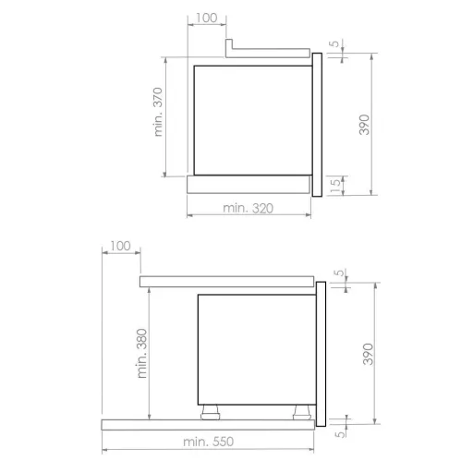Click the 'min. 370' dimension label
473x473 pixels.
pos(158,112)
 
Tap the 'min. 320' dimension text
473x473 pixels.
pos(249,209)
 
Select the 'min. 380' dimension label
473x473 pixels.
pos(142,354)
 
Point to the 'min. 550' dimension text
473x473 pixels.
pos(209,442)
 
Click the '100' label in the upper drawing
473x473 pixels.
pos(206,18)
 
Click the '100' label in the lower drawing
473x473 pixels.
pos(120,246)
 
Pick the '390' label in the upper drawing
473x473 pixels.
pos(364,125)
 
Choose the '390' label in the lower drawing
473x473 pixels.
pos(368,354)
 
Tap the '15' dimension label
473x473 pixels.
pos(335,185)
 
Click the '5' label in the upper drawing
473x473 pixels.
pos(335,43)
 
